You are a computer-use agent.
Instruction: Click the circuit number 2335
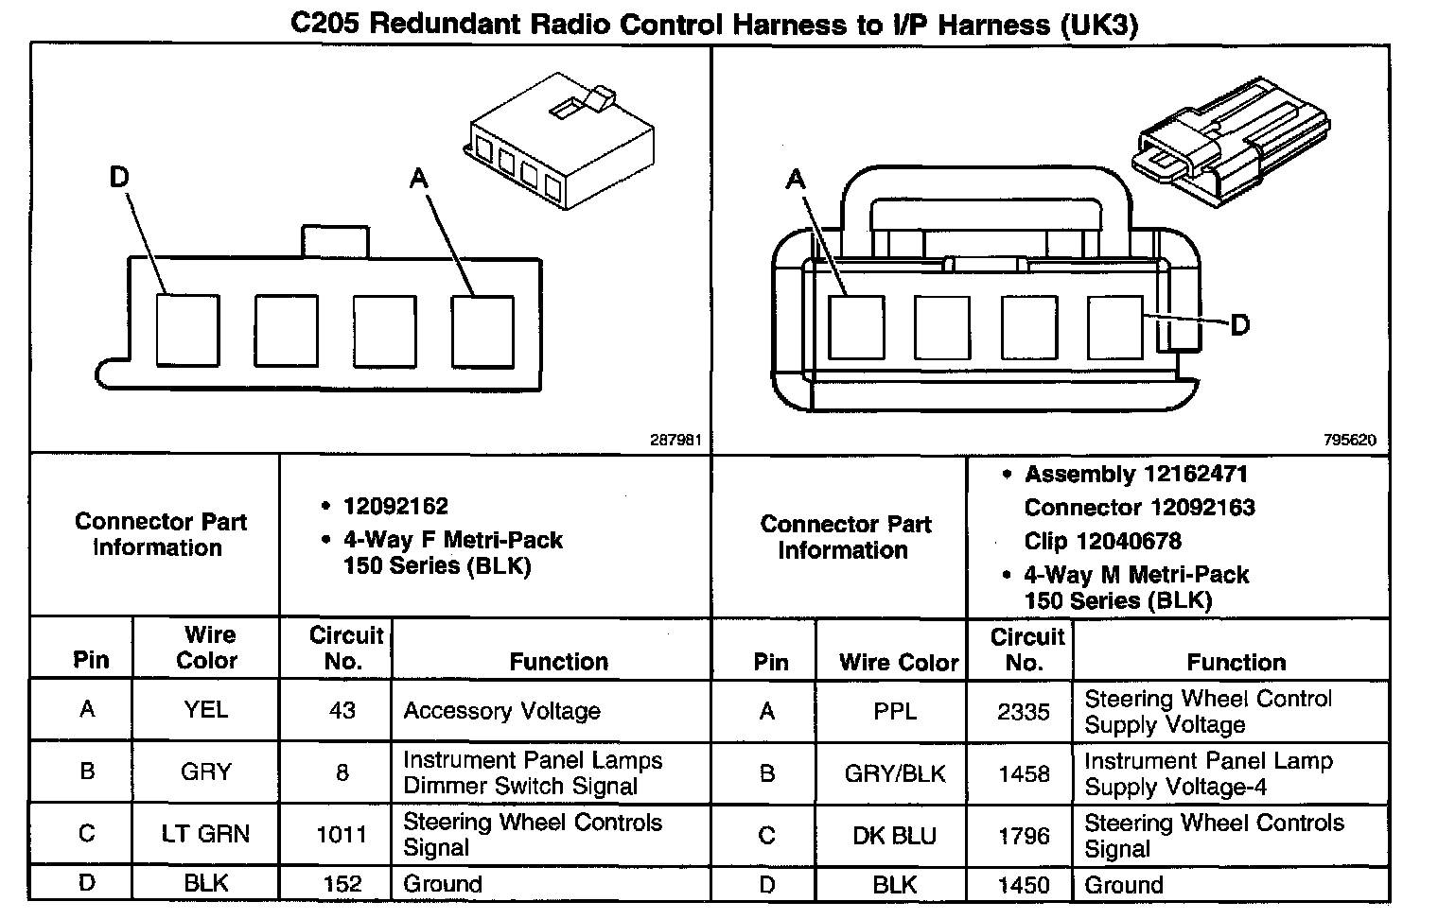1023,712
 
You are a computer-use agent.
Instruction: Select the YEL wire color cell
205,709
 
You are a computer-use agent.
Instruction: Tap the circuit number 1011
342,835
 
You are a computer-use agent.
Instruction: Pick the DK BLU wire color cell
894,836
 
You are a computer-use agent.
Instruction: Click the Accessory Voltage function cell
501,711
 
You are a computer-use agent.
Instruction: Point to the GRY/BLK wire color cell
894,774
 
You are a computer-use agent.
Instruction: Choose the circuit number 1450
1023,885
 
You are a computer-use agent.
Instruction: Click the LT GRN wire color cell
205,834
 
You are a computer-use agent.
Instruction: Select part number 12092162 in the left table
395,506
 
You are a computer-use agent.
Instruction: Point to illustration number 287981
675,440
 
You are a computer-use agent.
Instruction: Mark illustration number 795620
1350,440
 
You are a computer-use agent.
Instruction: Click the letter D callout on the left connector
119,177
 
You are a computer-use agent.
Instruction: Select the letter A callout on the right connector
796,179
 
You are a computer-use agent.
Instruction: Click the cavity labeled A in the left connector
482,331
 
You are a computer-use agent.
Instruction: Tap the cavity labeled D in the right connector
1115,327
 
